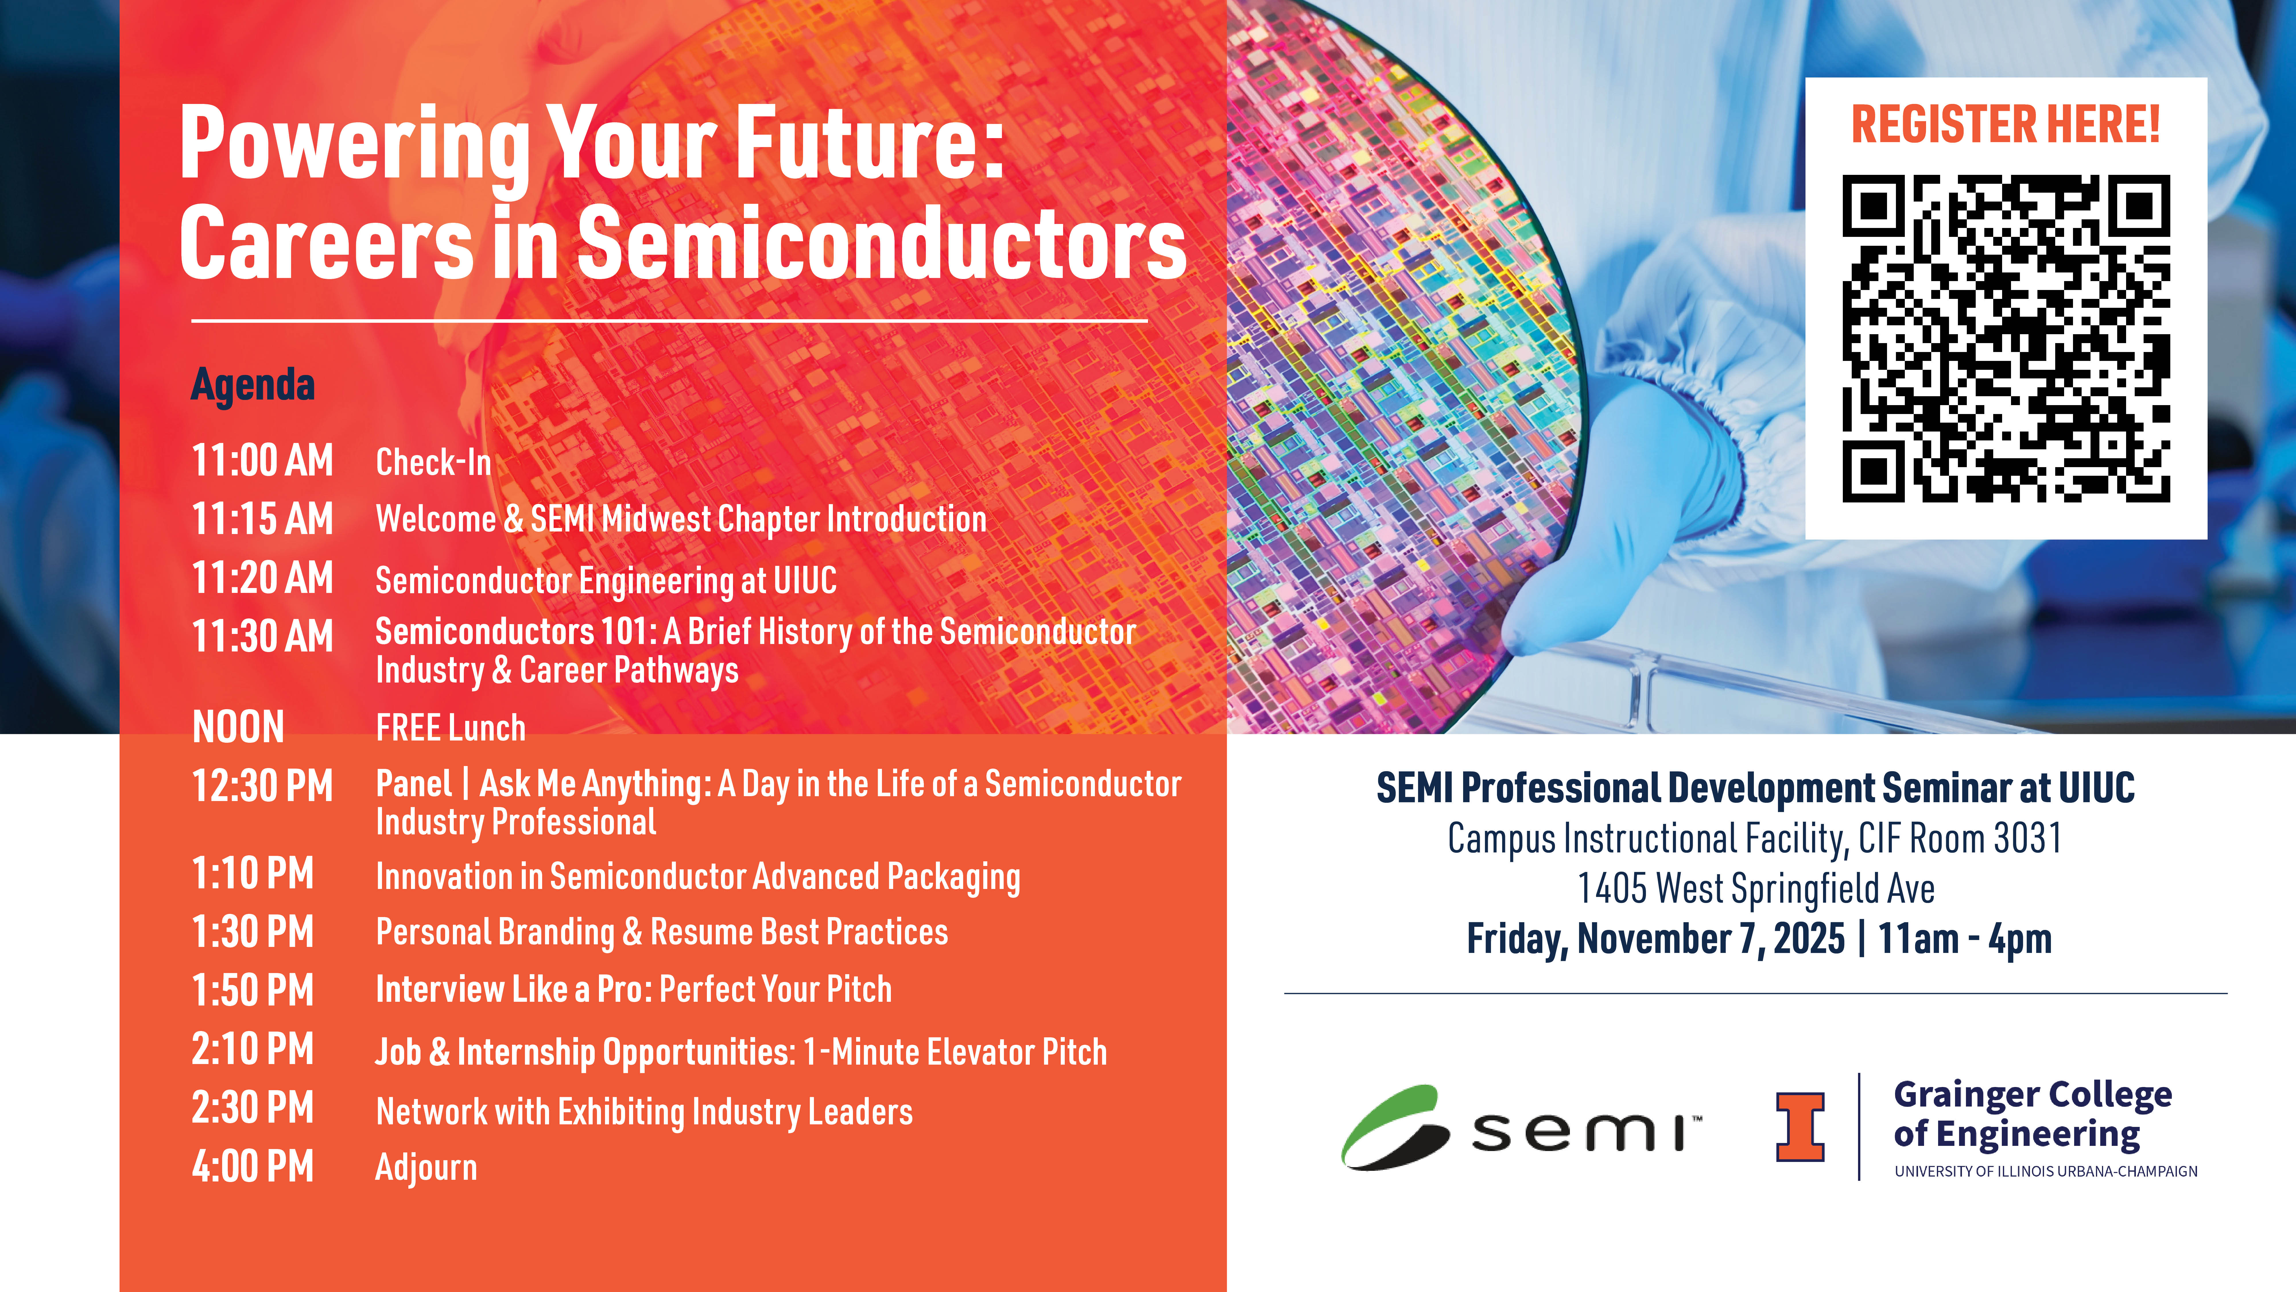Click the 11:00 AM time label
click(263, 461)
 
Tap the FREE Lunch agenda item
click(451, 728)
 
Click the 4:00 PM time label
click(253, 1166)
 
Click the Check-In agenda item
click(433, 462)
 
